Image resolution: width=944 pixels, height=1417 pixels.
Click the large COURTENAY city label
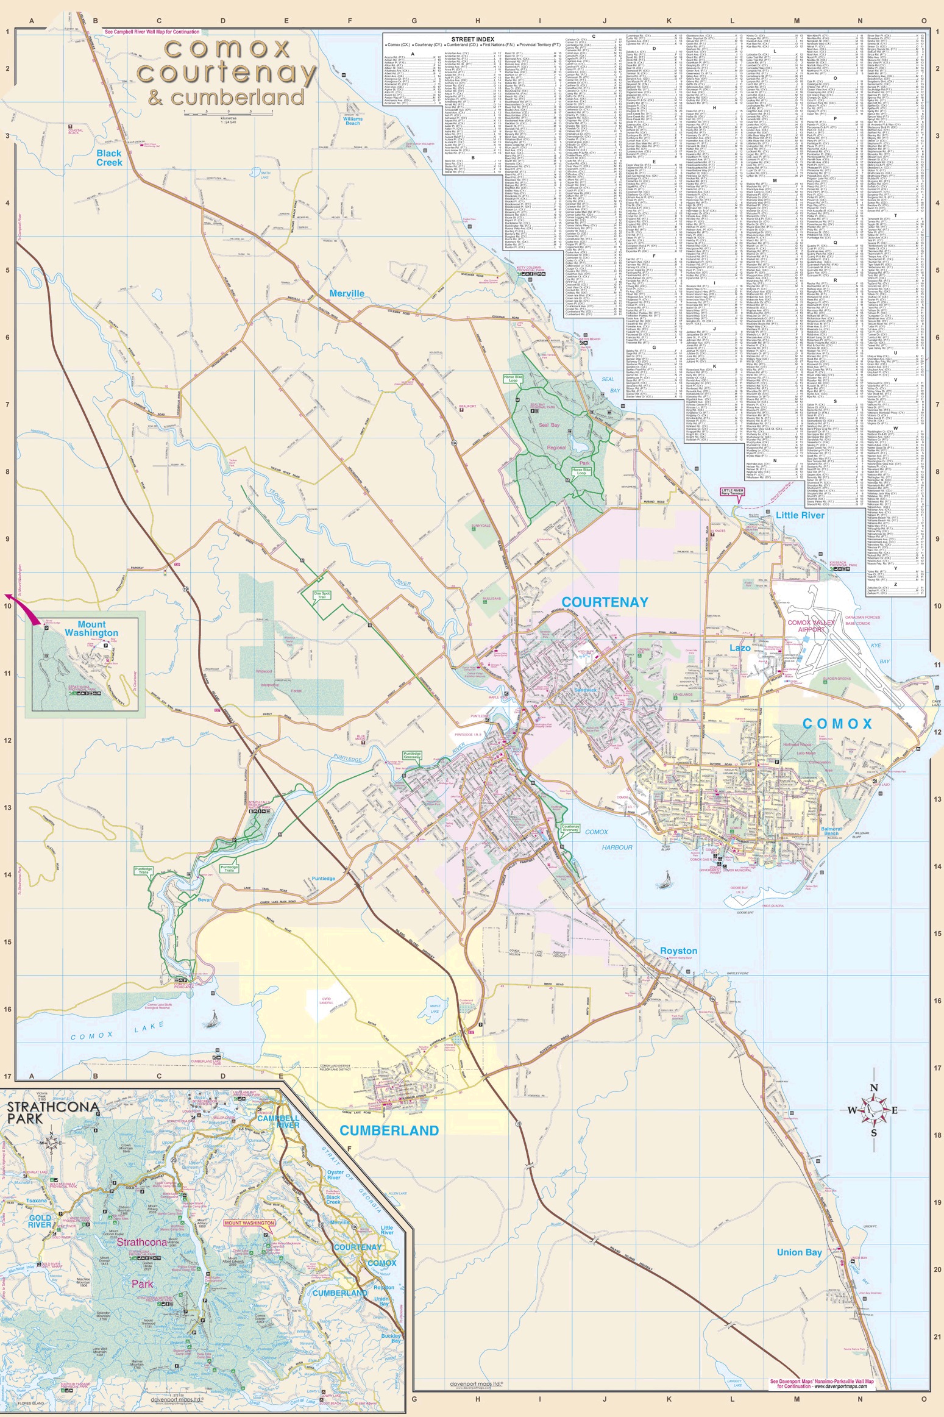605,602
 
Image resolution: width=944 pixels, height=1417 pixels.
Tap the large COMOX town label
837,724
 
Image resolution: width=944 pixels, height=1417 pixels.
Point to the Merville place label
347,293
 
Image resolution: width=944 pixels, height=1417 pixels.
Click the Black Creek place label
109,158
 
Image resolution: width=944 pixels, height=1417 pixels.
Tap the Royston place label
678,951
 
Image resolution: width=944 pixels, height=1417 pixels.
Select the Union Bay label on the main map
799,1252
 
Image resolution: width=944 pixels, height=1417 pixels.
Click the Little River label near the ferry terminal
800,515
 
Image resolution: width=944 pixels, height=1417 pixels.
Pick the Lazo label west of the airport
740,648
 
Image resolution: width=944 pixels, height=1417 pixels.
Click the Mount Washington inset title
91,629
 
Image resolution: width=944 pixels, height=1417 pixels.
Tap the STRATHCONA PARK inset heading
25,1112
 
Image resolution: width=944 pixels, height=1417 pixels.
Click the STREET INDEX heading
472,39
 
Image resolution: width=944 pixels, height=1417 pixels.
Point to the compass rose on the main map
873,1110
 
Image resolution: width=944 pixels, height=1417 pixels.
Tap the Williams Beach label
352,121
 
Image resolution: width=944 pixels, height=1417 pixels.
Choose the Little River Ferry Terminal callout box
733,492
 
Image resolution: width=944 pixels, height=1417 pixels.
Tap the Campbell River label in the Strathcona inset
277,1121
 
